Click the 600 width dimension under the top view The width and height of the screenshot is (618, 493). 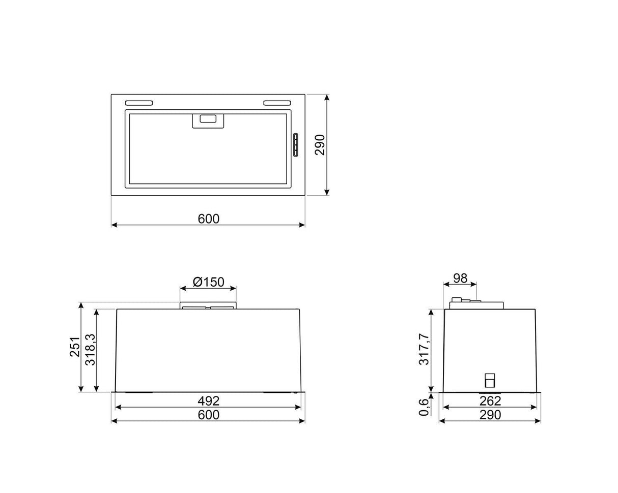pos(208,219)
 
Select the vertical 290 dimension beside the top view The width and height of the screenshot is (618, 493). pos(319,145)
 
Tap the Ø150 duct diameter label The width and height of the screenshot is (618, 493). pos(208,282)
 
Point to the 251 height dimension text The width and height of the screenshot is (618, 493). pos(75,347)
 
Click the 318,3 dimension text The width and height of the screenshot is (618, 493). pos(90,349)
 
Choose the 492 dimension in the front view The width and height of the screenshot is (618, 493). pos(208,401)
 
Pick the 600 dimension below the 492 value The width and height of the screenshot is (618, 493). pos(208,415)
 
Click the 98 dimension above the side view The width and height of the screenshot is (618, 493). pos(460,278)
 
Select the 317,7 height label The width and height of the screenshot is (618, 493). pos(424,349)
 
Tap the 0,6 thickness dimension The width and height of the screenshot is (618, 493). pos(424,407)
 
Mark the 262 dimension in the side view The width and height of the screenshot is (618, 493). pos(490,401)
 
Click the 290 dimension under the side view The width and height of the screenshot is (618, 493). pos(490,415)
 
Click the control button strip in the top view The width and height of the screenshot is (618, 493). pos(295,148)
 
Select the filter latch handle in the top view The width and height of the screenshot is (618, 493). pos(208,120)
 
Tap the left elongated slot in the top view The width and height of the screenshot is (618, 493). pos(138,103)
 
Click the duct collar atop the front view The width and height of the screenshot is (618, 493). pos(208,306)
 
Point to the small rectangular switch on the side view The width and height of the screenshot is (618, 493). pos(489,380)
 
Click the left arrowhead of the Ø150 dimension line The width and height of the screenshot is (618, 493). pos(182,288)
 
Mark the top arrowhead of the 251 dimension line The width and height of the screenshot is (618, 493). pos(81,305)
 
